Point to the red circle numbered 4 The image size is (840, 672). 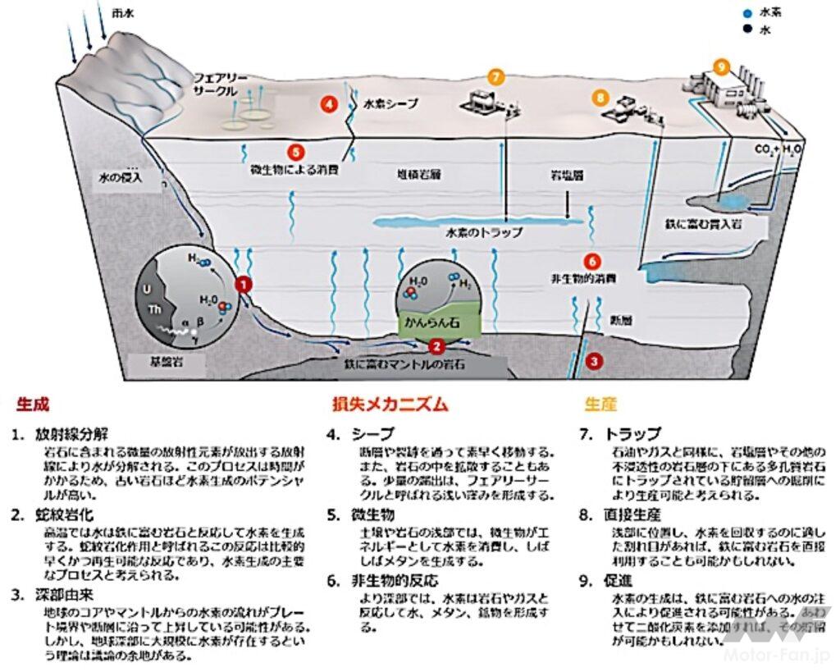coord(329,105)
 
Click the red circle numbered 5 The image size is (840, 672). coord(296,151)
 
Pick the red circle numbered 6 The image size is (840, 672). coord(592,261)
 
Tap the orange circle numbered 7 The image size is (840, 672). coord(495,76)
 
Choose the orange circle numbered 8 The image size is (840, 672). coord(601,97)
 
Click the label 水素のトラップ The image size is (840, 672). coord(483,232)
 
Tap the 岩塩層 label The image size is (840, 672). coord(566,175)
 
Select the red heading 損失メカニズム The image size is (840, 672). coord(390,405)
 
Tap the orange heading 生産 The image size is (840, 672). coord(600,405)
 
